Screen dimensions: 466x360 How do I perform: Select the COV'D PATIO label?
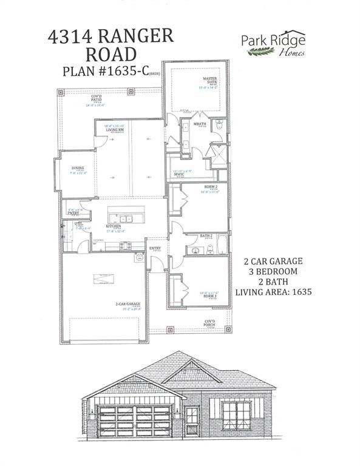(97, 97)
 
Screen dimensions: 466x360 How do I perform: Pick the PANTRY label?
(73, 213)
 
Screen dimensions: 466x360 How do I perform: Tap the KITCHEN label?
(114, 226)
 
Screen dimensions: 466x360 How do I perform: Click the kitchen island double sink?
(125, 218)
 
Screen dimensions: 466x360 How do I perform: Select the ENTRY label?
(155, 248)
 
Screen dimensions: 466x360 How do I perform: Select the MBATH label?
(200, 124)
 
